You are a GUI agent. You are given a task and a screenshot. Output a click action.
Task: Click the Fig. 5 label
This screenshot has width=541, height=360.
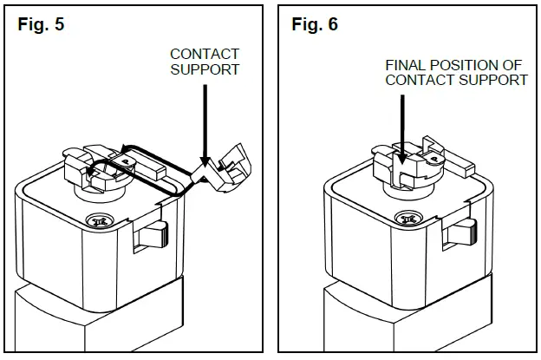coord(41,24)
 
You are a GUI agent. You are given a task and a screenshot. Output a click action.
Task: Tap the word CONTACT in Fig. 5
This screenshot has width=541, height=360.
coord(205,54)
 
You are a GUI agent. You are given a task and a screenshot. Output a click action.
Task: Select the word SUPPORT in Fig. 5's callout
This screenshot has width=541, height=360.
coord(205,69)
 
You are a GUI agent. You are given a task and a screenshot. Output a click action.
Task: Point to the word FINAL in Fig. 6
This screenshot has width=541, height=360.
coord(406,65)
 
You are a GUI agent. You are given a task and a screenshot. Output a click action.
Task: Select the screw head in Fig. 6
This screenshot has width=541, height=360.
coord(405,219)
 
